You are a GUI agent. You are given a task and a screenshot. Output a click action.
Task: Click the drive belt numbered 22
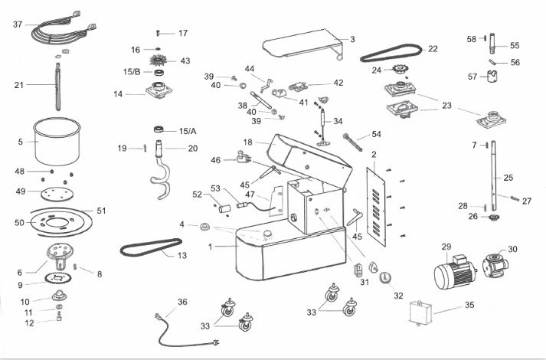tap(391, 53)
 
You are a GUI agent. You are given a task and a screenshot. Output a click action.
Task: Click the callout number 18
tap(247, 142)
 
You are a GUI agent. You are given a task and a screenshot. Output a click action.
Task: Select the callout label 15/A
tap(188, 131)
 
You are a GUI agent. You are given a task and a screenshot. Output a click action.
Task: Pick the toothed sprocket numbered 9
tap(55, 278)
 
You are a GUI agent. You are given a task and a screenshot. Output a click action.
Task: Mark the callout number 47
tap(250, 195)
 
